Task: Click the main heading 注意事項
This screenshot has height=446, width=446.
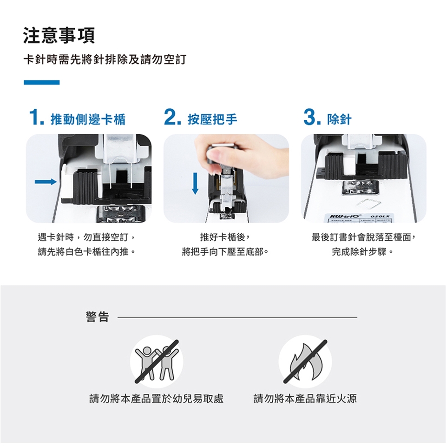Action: (x=59, y=36)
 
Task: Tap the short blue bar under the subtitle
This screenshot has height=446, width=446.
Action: (x=41, y=83)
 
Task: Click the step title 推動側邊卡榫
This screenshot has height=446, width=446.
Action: (x=88, y=119)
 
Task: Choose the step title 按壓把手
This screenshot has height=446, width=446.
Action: (x=212, y=119)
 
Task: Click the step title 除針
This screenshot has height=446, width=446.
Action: (x=339, y=119)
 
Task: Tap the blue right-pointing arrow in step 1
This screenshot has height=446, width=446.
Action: (x=46, y=182)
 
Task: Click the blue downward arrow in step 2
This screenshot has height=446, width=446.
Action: (x=195, y=184)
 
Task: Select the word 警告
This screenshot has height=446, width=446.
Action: (x=97, y=316)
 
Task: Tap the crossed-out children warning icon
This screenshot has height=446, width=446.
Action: (x=157, y=361)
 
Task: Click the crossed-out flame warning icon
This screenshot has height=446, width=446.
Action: (x=305, y=361)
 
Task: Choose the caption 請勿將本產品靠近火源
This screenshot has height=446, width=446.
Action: (x=305, y=399)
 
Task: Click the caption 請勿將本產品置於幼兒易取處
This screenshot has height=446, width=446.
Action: (x=157, y=399)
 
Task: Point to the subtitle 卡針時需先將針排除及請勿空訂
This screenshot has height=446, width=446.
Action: (x=105, y=59)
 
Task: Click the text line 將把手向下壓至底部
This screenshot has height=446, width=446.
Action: (x=225, y=252)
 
